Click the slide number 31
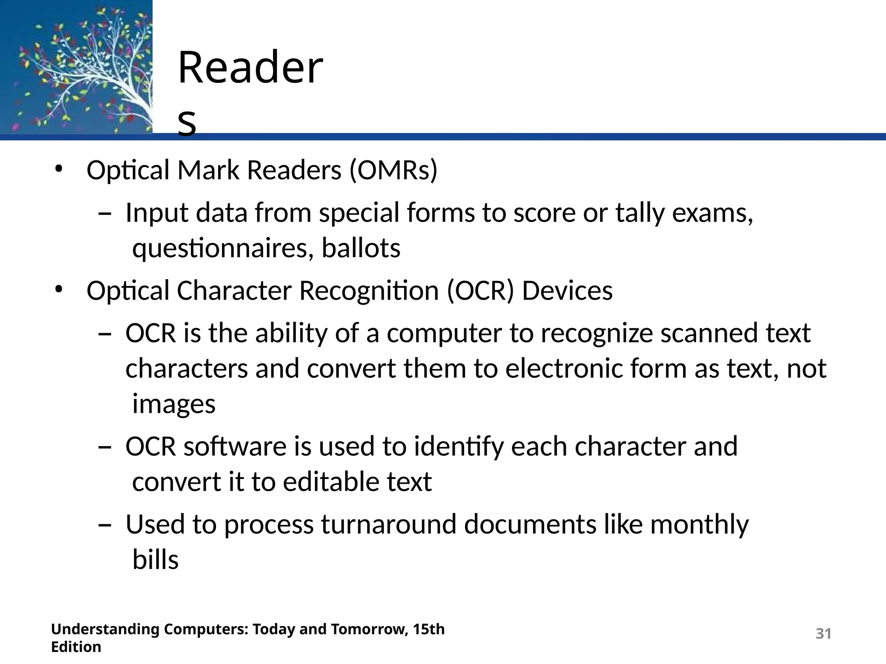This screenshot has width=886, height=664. (x=823, y=633)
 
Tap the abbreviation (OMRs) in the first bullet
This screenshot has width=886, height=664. (x=393, y=170)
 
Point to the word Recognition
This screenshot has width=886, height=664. (x=369, y=290)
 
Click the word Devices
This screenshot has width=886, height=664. (x=567, y=290)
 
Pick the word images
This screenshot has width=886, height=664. (x=173, y=405)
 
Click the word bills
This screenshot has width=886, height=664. (x=155, y=560)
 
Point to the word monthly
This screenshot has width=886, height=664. (x=699, y=525)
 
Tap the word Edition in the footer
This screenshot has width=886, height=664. (x=76, y=647)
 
